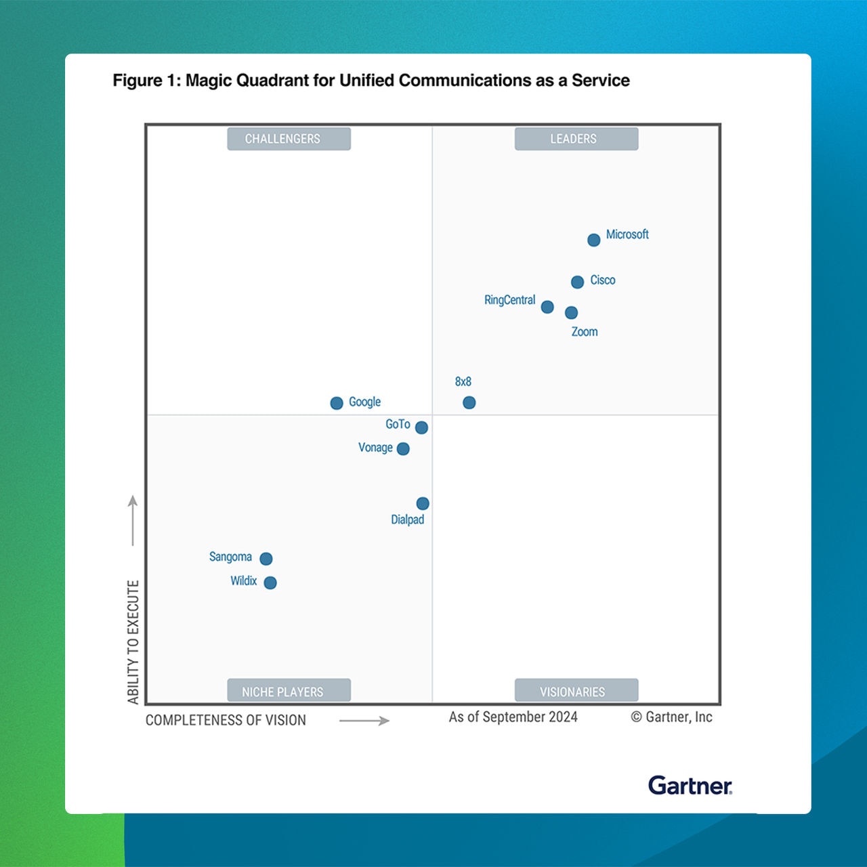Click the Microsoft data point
click(593, 240)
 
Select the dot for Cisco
click(577, 282)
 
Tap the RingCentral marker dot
click(547, 308)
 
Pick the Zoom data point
click(571, 312)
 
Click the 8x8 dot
click(469, 402)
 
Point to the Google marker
click(337, 403)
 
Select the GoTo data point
click(421, 427)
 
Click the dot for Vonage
click(403, 448)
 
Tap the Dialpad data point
click(423, 503)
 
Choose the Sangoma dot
click(266, 559)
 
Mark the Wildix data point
click(270, 583)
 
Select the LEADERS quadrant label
click(576, 139)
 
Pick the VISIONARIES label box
click(576, 691)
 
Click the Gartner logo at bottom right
click(690, 786)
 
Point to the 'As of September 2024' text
click(513, 717)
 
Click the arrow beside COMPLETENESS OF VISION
click(364, 721)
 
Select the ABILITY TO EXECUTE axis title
click(133, 641)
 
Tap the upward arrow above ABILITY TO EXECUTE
click(133, 520)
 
